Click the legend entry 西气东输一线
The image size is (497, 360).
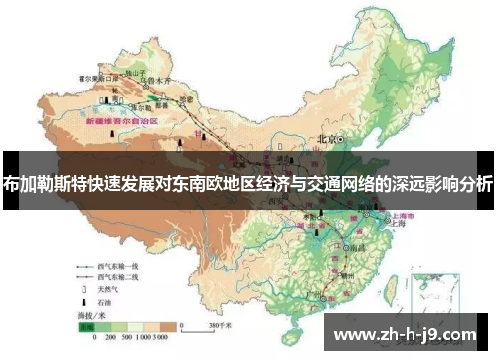pos(121,267)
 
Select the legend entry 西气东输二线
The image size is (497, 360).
pos(121,279)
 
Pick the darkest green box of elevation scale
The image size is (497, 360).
pos(86,325)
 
